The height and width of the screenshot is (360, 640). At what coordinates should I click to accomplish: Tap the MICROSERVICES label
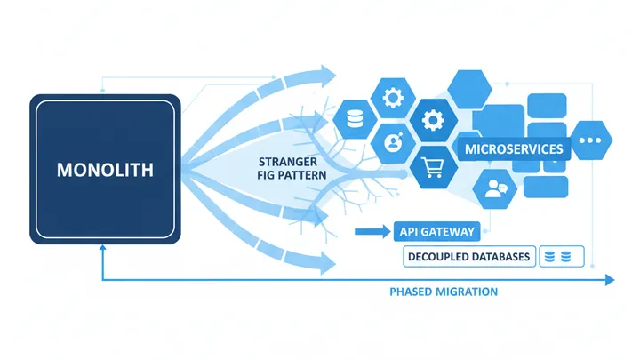[x=514, y=148]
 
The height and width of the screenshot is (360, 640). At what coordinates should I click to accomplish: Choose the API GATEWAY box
[x=434, y=232]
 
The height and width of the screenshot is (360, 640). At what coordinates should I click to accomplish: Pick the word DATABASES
[x=502, y=257]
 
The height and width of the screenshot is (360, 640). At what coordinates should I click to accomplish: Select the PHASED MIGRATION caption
[x=444, y=292]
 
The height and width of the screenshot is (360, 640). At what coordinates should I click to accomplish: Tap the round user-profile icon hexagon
[x=391, y=141]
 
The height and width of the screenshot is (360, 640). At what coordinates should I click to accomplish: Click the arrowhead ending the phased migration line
[x=609, y=280]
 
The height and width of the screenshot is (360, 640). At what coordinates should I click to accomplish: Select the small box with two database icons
[x=560, y=257]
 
